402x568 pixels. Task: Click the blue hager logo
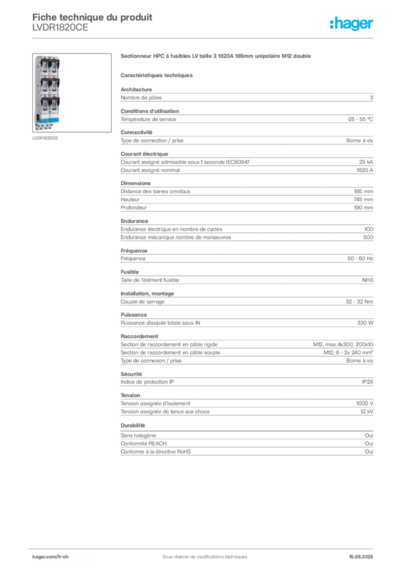(352, 24)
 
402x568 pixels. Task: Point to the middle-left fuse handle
(41, 87)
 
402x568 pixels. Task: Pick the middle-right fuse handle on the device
(54, 87)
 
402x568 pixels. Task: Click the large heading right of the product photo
(218, 57)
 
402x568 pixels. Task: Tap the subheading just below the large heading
(157, 75)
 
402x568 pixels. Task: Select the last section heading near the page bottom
(133, 425)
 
